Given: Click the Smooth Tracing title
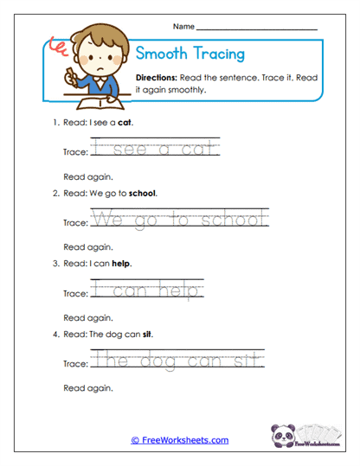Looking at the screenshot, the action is [x=190, y=54].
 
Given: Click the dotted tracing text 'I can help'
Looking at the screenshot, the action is [x=147, y=291].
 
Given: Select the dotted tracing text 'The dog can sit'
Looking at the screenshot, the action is [x=177, y=361].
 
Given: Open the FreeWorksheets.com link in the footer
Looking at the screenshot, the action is [x=179, y=440].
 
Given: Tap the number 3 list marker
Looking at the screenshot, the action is [x=55, y=263].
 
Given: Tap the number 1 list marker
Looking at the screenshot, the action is [x=55, y=123].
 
